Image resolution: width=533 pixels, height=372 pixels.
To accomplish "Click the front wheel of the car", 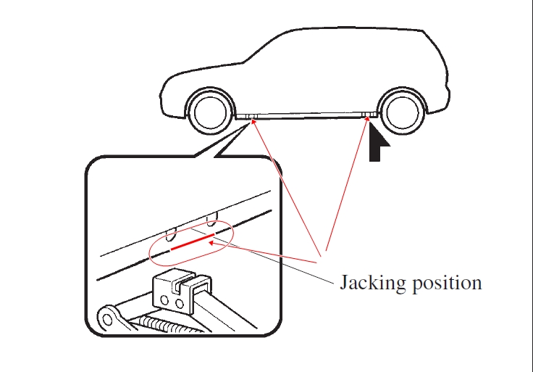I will click(211, 112).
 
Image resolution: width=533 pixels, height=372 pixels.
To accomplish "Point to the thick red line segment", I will click(193, 241).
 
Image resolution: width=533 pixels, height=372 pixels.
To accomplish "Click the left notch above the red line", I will click(172, 233).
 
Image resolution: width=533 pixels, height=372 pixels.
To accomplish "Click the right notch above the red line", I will click(212, 218).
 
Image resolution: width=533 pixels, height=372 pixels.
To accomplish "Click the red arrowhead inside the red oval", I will click(211, 243).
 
